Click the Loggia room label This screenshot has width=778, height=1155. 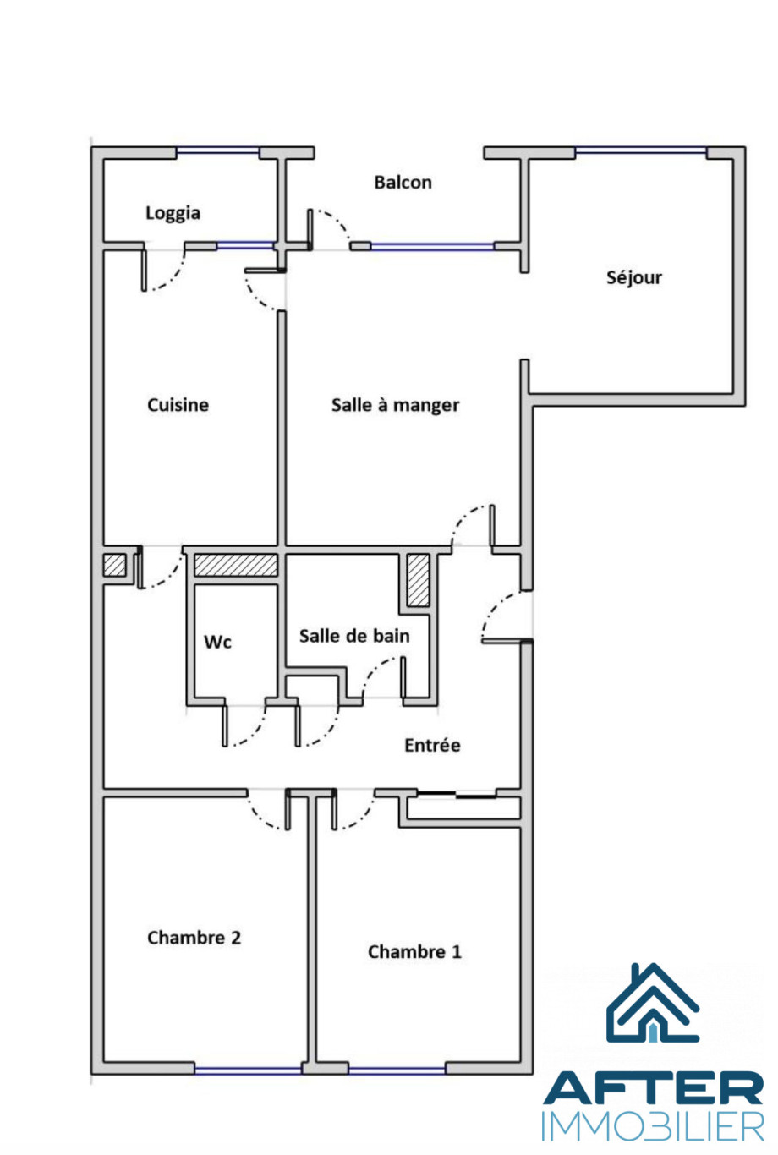tap(173, 213)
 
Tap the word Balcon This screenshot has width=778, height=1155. tap(403, 183)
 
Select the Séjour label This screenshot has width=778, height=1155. tap(633, 278)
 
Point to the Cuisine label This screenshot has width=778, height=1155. tap(178, 405)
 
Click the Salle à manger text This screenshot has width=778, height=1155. tap(395, 405)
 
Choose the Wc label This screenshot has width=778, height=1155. tap(217, 642)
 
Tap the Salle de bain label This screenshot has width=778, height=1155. tap(354, 636)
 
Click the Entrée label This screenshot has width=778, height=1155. tap(432, 745)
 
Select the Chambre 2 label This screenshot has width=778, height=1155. tap(194, 938)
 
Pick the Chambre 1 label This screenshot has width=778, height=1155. tap(414, 951)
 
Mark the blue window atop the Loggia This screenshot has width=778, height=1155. tap(217, 151)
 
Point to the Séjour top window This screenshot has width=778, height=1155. tap(641, 151)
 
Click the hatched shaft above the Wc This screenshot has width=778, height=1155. tap(236, 565)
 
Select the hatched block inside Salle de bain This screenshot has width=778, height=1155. tap(418, 580)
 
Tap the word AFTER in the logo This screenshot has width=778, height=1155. tap(653, 1087)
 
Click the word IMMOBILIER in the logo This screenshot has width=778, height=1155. tap(653, 1126)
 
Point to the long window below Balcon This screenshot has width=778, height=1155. tap(432, 246)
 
